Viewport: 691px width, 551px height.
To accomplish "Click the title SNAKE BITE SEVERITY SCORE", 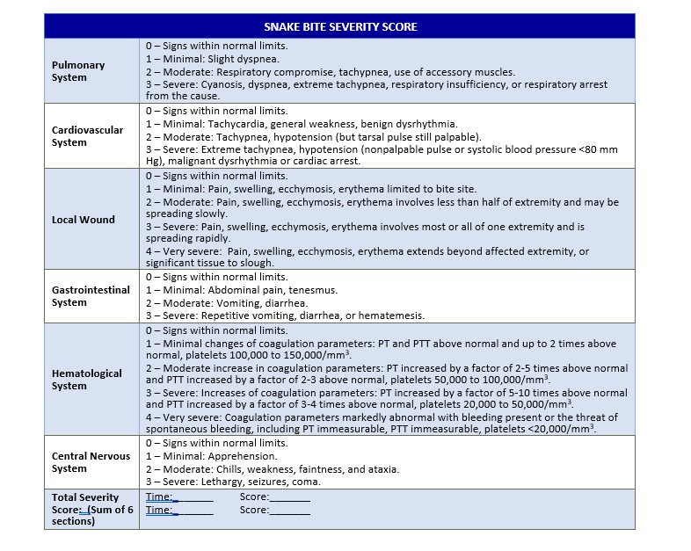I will pos(340,26).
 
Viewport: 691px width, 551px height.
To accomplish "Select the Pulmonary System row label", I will pos(77,71).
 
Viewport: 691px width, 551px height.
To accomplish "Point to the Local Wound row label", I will pos(83,220).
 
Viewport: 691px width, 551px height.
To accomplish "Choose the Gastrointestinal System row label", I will pos(91,296).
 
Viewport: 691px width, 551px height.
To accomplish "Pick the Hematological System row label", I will pos(86,380).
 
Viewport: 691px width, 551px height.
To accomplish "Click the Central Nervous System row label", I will pos(91,462).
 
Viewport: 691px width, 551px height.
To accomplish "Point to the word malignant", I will pos(188,162).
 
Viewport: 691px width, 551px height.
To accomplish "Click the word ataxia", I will pos(383,469).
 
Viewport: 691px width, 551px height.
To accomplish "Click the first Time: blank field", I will pos(194,497).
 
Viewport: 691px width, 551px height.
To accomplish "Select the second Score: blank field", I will pos(290,510).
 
